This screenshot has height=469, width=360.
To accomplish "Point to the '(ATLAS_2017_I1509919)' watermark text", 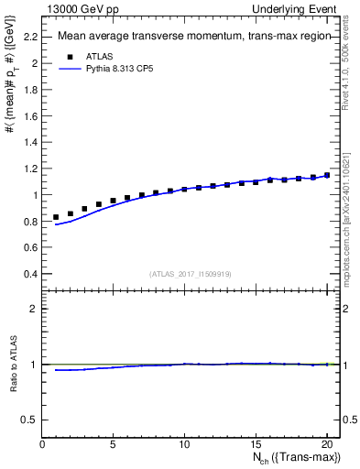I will coord(190,273).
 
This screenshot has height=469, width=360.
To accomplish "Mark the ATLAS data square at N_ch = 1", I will coord(56,217).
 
